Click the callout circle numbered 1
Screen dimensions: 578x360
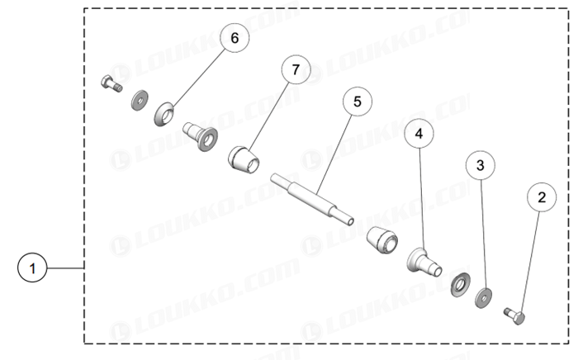pos(32,268)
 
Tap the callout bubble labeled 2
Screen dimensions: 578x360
pos(542,197)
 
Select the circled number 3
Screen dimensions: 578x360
pos(481,165)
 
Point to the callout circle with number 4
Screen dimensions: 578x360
pos(419,134)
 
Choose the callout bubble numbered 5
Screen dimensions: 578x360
pos(358,102)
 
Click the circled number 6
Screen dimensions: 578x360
pos(235,38)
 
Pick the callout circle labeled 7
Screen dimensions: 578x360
pos(296,69)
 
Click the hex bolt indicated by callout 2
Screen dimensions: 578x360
pos(514,316)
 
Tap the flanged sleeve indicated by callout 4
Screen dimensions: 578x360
pos(424,263)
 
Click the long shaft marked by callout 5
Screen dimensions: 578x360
pos(312,199)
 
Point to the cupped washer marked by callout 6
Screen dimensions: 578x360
pos(164,114)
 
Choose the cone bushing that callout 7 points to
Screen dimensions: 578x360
pos(244,160)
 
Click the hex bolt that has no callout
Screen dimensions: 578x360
pos(111,83)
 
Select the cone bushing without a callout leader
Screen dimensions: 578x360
pos(382,240)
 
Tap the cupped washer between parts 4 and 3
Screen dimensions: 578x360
pos(461,285)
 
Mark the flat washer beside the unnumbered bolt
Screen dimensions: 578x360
pos(140,100)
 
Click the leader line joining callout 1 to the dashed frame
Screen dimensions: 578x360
pos(65,268)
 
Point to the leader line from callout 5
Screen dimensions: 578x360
pos(334,154)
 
